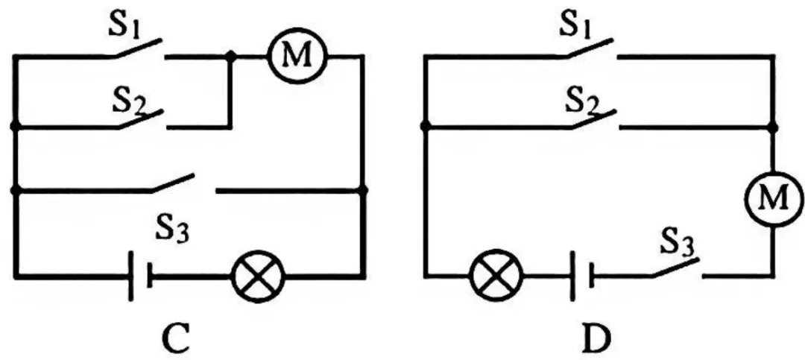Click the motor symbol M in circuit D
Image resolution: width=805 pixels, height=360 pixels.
[774, 198]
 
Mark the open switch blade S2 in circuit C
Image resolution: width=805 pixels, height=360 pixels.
[142, 119]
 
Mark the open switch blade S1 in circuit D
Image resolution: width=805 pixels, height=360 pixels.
[590, 48]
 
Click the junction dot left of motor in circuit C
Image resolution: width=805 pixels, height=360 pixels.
[231, 56]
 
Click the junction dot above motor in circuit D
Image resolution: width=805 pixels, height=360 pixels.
[774, 126]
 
